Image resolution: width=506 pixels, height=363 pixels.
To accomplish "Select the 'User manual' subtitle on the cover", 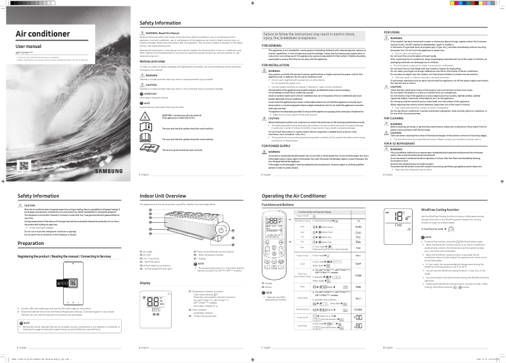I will click(x=28, y=47).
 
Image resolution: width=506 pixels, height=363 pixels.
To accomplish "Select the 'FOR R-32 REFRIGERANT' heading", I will click(x=403, y=144).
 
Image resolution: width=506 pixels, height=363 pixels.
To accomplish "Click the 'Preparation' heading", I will click(x=31, y=243).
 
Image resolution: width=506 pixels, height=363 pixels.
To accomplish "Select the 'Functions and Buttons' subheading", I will click(x=281, y=205).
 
